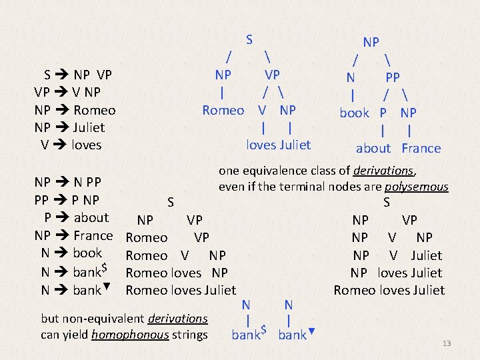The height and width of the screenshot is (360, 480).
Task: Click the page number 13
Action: point(447,343)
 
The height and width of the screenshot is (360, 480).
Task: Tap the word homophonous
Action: point(129,335)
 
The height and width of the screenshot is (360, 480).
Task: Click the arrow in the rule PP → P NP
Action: point(67,200)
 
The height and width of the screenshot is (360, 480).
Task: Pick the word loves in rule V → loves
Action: point(87,145)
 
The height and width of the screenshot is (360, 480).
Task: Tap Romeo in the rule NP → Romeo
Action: point(95,110)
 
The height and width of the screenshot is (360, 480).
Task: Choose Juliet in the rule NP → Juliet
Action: point(89,127)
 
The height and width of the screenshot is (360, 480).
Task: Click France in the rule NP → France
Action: point(93,235)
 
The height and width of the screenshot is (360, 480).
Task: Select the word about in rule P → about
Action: point(91,217)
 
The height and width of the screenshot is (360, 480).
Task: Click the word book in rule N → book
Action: point(87,253)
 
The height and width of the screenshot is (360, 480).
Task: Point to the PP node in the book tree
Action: point(393,77)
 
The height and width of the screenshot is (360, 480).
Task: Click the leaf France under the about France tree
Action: point(421,149)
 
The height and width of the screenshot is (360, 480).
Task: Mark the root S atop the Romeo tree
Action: point(249,39)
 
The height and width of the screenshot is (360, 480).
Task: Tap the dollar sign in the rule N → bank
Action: point(105,268)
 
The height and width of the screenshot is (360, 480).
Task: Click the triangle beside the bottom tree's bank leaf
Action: point(311,329)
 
